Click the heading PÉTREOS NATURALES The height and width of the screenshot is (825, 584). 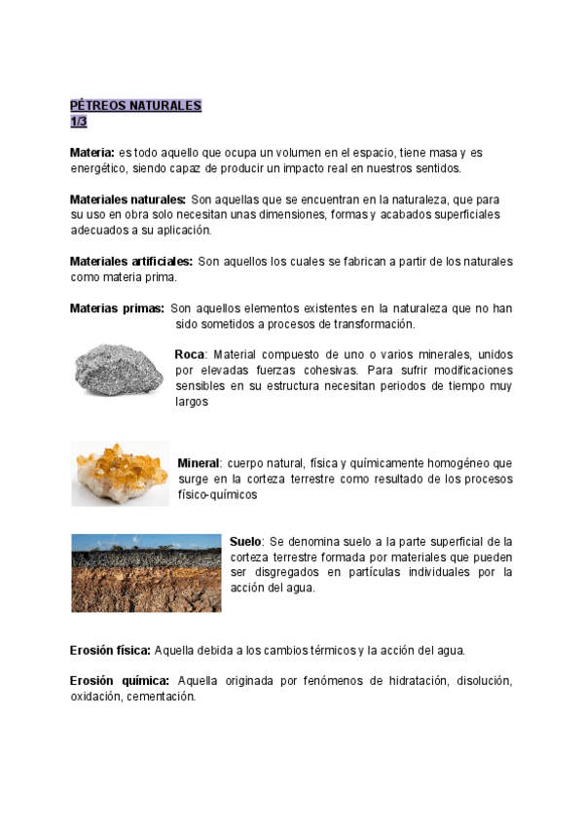pyautogui.click(x=135, y=105)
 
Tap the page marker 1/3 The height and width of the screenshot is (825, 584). pyautogui.click(x=79, y=121)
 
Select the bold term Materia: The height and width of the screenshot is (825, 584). pyautogui.click(x=92, y=153)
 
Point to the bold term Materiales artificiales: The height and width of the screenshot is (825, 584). pyautogui.click(x=131, y=262)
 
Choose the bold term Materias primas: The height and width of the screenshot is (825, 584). pyautogui.click(x=117, y=308)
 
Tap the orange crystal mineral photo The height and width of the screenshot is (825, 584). pyautogui.click(x=120, y=474)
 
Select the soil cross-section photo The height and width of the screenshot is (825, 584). pyautogui.click(x=146, y=572)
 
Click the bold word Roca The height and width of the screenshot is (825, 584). pyautogui.click(x=191, y=355)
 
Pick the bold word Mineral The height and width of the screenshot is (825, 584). pyautogui.click(x=200, y=463)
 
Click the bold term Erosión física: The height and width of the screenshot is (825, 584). pyautogui.click(x=110, y=649)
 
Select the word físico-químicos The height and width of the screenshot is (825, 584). pyautogui.click(x=216, y=494)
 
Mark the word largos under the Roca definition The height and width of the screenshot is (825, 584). pyautogui.click(x=192, y=401)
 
